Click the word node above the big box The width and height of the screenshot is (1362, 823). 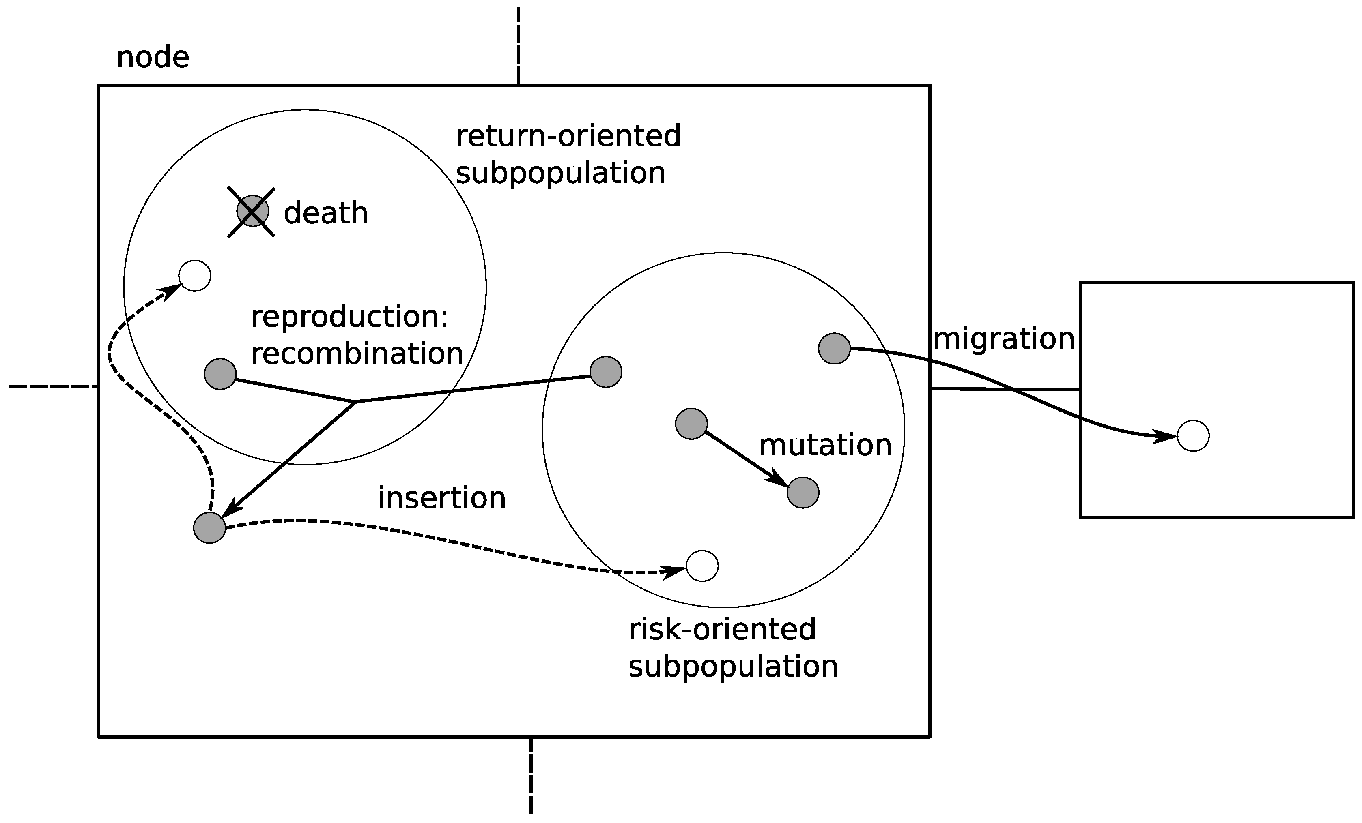point(153,58)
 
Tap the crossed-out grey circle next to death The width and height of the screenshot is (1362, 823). point(253,211)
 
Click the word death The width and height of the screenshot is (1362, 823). point(325,213)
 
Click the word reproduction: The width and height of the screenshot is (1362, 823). point(349,317)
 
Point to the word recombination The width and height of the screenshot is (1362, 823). point(357,354)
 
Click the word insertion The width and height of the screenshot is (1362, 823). point(442,498)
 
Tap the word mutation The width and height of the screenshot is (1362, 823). point(825,445)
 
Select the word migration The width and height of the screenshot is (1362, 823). point(1003,339)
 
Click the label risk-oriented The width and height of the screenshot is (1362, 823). point(722,629)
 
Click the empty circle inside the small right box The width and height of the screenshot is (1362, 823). point(1193,436)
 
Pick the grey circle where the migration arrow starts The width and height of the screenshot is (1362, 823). point(834,349)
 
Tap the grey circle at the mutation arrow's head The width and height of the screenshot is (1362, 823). point(803,493)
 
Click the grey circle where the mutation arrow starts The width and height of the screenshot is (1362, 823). point(691,424)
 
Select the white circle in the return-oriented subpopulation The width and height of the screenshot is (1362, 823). point(195,275)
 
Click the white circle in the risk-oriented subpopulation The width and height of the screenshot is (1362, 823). point(702,566)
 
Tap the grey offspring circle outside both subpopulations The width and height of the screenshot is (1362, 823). point(209,527)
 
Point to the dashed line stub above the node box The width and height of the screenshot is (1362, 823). point(518,44)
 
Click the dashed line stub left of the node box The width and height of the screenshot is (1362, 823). point(52,387)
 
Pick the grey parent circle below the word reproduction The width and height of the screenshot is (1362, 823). point(220,374)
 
